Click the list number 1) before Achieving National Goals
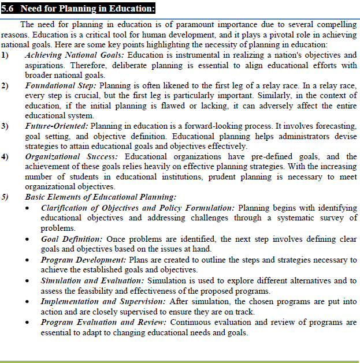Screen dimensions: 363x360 pos(5,55)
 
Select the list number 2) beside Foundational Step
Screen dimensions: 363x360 pos(5,85)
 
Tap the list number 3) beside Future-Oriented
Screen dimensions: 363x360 pos(5,126)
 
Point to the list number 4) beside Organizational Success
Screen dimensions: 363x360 pos(5,156)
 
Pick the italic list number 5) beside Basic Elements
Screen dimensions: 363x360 pos(5,197)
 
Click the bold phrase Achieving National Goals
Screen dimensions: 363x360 pos(75,55)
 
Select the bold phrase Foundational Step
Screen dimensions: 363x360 pos(60,85)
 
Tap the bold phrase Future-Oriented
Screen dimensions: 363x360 pos(56,126)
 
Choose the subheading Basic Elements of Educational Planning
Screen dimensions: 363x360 pos(101,197)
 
